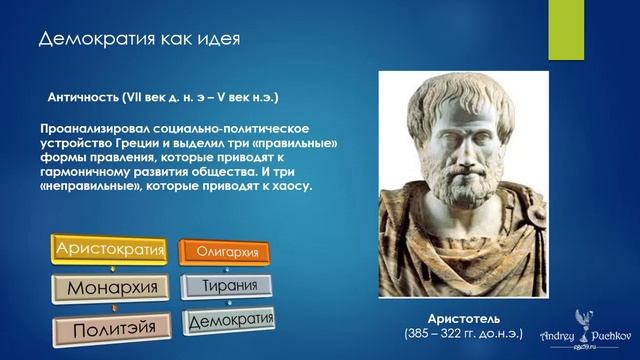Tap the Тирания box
[227, 286]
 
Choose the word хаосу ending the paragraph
[293, 186]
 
